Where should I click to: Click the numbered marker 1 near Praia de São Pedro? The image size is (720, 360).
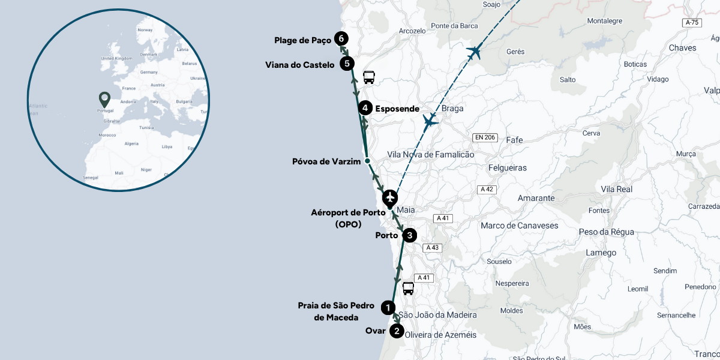(389, 308)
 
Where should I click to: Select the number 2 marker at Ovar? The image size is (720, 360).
(397, 331)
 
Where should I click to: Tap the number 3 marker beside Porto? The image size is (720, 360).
(409, 235)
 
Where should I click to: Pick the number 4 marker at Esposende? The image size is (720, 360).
(365, 109)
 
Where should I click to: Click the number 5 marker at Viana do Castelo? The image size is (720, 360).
(347, 64)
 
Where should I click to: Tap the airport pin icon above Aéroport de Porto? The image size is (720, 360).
(391, 197)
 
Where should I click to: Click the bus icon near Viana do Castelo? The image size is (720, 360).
(369, 77)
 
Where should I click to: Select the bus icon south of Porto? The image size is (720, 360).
(408, 289)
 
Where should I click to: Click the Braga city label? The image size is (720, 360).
(452, 109)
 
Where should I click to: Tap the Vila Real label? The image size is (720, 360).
(616, 189)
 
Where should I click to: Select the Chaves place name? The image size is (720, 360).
(682, 48)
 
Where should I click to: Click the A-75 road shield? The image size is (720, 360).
(692, 23)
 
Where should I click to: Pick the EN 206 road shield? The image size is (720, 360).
(485, 137)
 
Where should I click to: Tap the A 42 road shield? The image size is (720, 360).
(487, 190)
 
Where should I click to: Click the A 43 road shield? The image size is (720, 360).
(431, 248)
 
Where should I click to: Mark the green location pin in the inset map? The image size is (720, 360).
(104, 98)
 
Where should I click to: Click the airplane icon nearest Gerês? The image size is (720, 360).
(475, 52)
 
